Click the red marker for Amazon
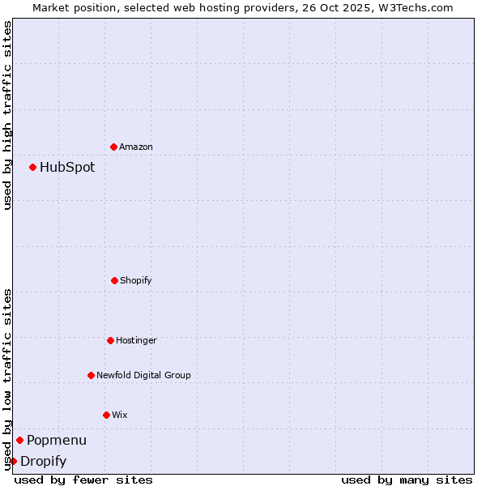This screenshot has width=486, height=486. coord(113,147)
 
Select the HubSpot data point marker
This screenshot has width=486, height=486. coord(32,167)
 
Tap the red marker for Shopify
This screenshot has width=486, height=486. coord(114,280)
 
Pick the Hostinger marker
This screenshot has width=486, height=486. coord(110,340)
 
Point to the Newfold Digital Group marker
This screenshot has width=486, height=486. coord(91,375)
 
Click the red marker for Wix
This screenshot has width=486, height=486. coord(106,415)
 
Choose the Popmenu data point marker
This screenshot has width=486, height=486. coord(19,440)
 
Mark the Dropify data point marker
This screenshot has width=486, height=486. coord(13,461)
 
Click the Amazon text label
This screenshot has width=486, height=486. coord(136,147)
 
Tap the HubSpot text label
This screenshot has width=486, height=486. coord(67,168)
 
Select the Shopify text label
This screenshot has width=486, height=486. coord(136,280)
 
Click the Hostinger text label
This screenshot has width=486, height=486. coord(136,340)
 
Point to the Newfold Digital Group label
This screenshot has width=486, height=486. coord(143,375)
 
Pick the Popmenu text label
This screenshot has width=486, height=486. coord(57,441)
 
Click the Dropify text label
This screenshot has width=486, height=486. coord(43,462)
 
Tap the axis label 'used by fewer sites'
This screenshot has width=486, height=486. coord(83,480)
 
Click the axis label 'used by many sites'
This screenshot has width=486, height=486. coord(407,480)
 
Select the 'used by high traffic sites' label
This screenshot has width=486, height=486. coord(7,115)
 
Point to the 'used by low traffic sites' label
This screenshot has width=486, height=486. coord(7,379)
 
